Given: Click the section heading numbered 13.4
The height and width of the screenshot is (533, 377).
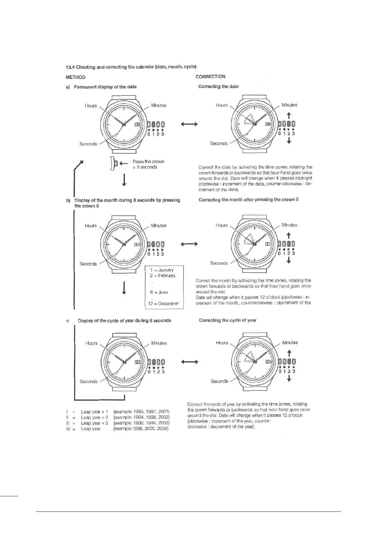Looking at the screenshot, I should [x=131, y=67].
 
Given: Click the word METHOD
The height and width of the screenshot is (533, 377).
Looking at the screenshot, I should [x=75, y=77].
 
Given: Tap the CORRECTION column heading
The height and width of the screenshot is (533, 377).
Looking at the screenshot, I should [x=210, y=77].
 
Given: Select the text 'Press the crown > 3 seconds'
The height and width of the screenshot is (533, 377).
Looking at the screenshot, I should [x=148, y=164].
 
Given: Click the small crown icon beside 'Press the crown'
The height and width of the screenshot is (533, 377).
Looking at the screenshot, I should [x=114, y=164].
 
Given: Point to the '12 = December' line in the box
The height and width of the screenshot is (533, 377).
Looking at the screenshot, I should [x=163, y=304].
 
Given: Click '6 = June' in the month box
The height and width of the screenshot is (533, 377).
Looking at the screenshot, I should [x=159, y=292].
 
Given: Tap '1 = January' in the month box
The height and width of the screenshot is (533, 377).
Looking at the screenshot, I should [x=162, y=270].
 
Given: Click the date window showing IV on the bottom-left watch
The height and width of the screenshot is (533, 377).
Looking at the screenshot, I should [x=137, y=362].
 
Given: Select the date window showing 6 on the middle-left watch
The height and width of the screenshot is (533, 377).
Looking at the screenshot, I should [x=137, y=244].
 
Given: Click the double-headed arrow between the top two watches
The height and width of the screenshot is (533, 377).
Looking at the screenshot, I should [x=189, y=124].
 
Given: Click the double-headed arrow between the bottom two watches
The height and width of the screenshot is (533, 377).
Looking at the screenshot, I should [x=189, y=362].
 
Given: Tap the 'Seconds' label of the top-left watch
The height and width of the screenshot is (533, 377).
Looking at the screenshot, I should [x=88, y=144].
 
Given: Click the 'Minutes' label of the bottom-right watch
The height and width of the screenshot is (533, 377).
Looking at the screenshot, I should [x=290, y=342].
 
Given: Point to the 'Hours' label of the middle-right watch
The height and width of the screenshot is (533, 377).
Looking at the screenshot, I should [x=221, y=225].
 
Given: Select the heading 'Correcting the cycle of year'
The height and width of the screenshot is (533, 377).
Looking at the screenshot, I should [x=227, y=320].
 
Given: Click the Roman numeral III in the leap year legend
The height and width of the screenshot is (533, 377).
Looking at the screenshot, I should [x=67, y=423].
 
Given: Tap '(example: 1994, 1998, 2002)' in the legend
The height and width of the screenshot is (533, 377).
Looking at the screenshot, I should [x=141, y=417].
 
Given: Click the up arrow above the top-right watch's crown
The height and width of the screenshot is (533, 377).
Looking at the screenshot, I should [x=289, y=115].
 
